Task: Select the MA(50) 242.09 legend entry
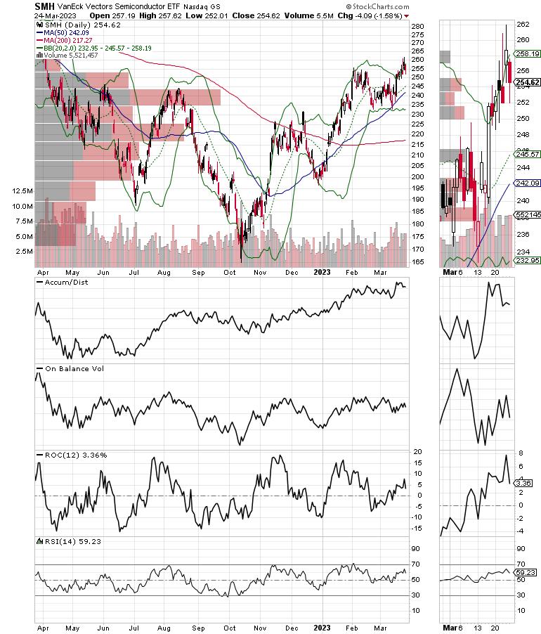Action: [66, 32]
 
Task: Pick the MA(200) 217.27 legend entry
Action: [68, 40]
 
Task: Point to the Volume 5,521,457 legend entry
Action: [73, 55]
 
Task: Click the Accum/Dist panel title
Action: [60, 283]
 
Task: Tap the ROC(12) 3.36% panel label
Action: [72, 455]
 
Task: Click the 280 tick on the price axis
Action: [417, 26]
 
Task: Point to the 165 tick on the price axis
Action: [417, 261]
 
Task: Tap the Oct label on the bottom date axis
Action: [230, 623]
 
